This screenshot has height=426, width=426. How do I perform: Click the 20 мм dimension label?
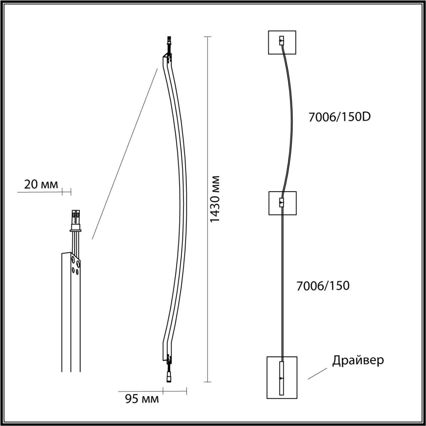coord(41,184)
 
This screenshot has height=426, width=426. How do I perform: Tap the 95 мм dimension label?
coord(142,398)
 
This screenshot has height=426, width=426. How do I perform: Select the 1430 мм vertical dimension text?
coord(215,199)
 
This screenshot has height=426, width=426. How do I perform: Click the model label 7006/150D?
coord(339,117)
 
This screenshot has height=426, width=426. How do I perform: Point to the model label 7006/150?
coord(323,286)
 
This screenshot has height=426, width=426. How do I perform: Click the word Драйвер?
coord(358,360)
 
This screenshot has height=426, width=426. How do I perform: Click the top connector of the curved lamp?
coord(170,42)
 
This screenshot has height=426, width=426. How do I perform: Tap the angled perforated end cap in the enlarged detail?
coord(76,265)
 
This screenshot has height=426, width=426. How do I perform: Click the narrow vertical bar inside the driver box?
coord(282,378)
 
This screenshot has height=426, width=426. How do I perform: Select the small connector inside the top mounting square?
coord(282,41)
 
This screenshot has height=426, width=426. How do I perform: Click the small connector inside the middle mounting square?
coord(282,202)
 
